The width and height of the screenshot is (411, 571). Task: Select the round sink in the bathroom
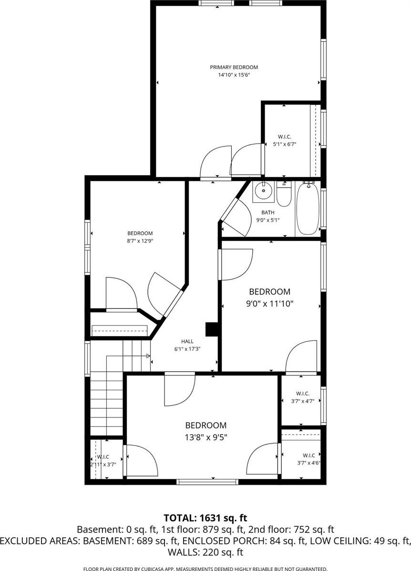[x=262, y=192]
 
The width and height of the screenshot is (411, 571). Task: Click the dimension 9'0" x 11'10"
[x=269, y=302]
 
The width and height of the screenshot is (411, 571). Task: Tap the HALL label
[x=187, y=341]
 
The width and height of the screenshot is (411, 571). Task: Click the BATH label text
[x=267, y=212]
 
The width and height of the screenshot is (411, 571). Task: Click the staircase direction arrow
[x=147, y=356]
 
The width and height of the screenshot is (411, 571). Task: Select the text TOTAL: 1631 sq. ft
[x=205, y=518]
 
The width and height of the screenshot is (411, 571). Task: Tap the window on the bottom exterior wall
[x=207, y=482]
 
